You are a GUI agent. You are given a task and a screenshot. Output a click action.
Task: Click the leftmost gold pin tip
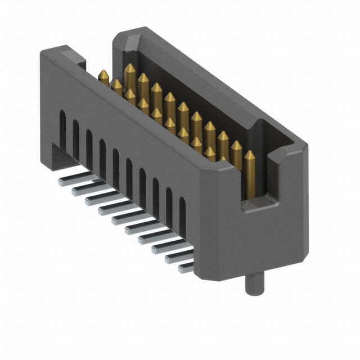(x=103, y=74)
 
